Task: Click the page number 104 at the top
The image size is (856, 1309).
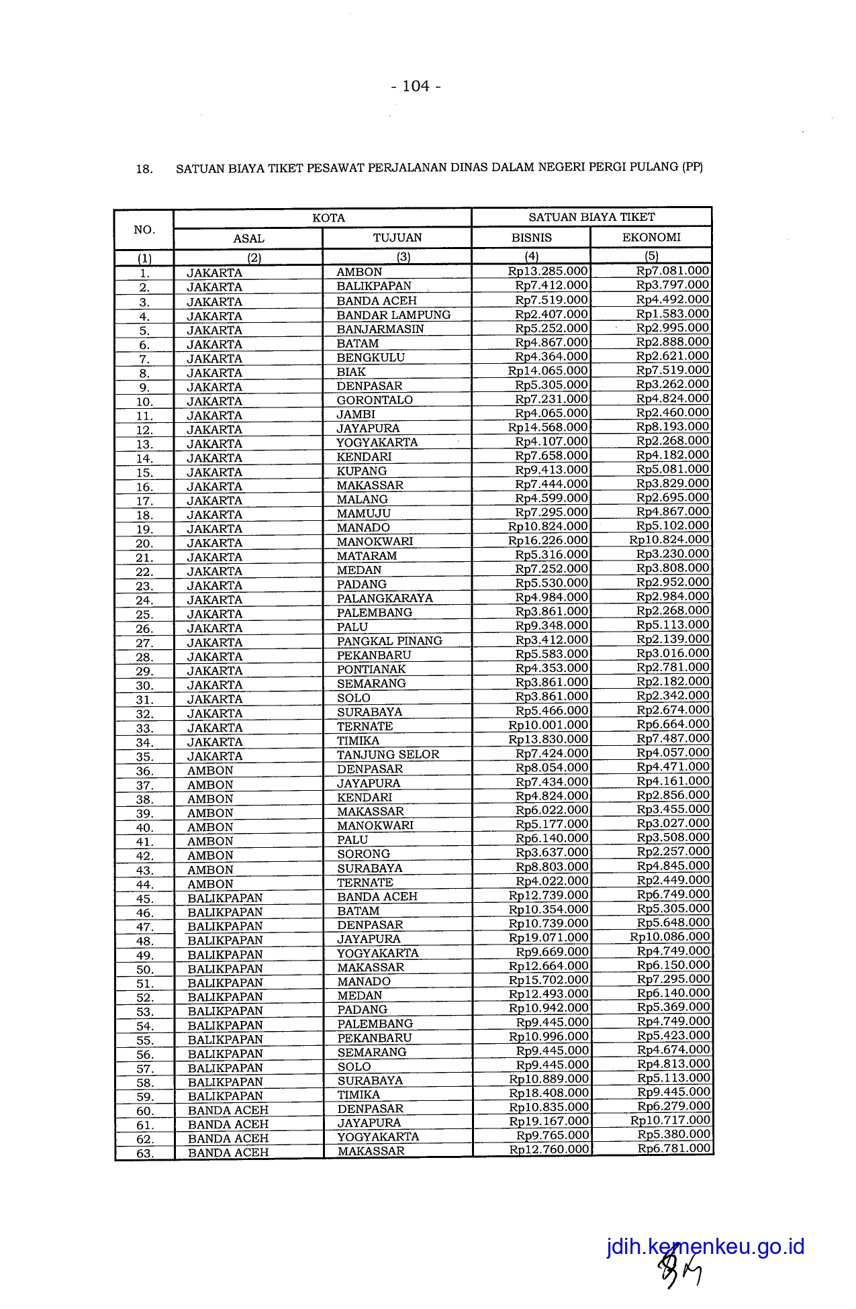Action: coord(416,86)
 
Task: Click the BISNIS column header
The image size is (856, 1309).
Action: coord(531,238)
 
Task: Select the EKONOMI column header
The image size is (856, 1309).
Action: coord(651,238)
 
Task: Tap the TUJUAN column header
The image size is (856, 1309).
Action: coord(397,238)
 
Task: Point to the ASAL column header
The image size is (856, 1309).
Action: coord(248,238)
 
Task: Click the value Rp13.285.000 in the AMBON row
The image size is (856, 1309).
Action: coord(548,271)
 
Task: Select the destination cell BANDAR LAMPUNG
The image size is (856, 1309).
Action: coord(393,315)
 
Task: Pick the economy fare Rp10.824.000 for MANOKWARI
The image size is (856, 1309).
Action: coord(669,540)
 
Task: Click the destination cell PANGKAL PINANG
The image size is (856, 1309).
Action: coord(389,640)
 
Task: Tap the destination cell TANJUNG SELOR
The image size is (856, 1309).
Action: coord(388,754)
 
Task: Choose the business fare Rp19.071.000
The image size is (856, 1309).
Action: coord(549,937)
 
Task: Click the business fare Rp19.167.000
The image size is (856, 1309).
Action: coord(549,1120)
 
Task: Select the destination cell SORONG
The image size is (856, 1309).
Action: coord(363,854)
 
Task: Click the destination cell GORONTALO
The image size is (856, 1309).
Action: coord(375,400)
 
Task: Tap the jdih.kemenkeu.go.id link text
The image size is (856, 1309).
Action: coord(705,1247)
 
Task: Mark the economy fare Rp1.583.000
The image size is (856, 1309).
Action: coord(673,313)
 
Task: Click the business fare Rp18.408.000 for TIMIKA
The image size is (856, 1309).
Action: coord(549,1092)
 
